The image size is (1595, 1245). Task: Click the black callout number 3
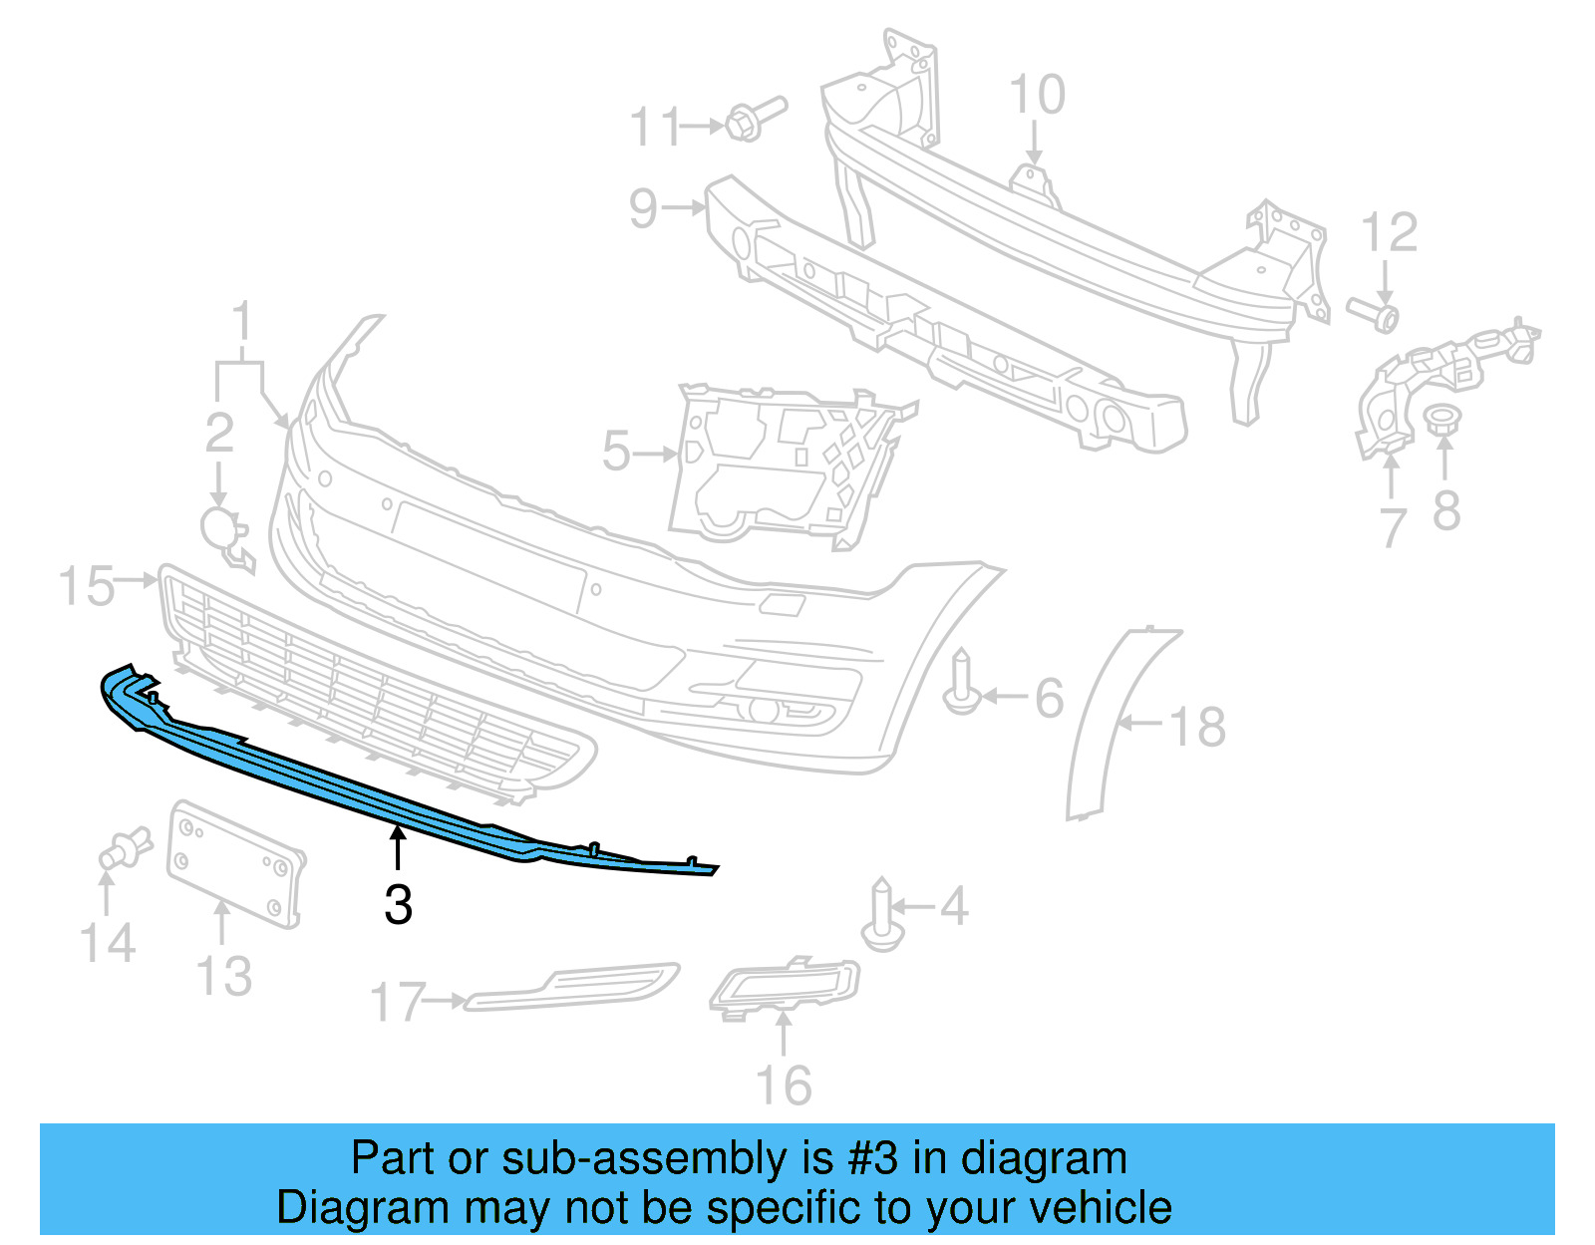398,905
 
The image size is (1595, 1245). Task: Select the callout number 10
1037,96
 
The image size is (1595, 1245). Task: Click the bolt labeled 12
1375,314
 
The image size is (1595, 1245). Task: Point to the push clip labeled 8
1439,420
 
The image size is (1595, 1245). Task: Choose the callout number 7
1393,526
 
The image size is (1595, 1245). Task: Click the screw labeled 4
882,915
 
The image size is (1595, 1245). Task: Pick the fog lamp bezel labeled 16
785,986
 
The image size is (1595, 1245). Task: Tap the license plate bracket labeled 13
235,863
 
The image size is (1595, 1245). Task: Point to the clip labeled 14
125,849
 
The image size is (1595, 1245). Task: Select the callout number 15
86,585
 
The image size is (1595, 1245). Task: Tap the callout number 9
644,209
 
